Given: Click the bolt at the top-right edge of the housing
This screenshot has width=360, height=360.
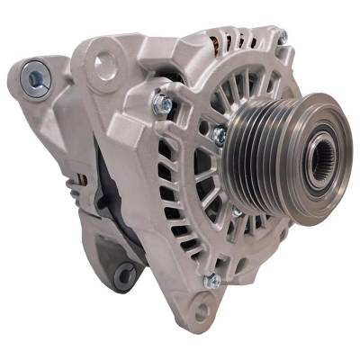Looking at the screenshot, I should click(281, 37).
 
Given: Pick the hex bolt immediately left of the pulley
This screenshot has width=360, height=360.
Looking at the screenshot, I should click(219, 135).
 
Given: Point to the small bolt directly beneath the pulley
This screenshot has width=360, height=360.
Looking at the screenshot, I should click(237, 211).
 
